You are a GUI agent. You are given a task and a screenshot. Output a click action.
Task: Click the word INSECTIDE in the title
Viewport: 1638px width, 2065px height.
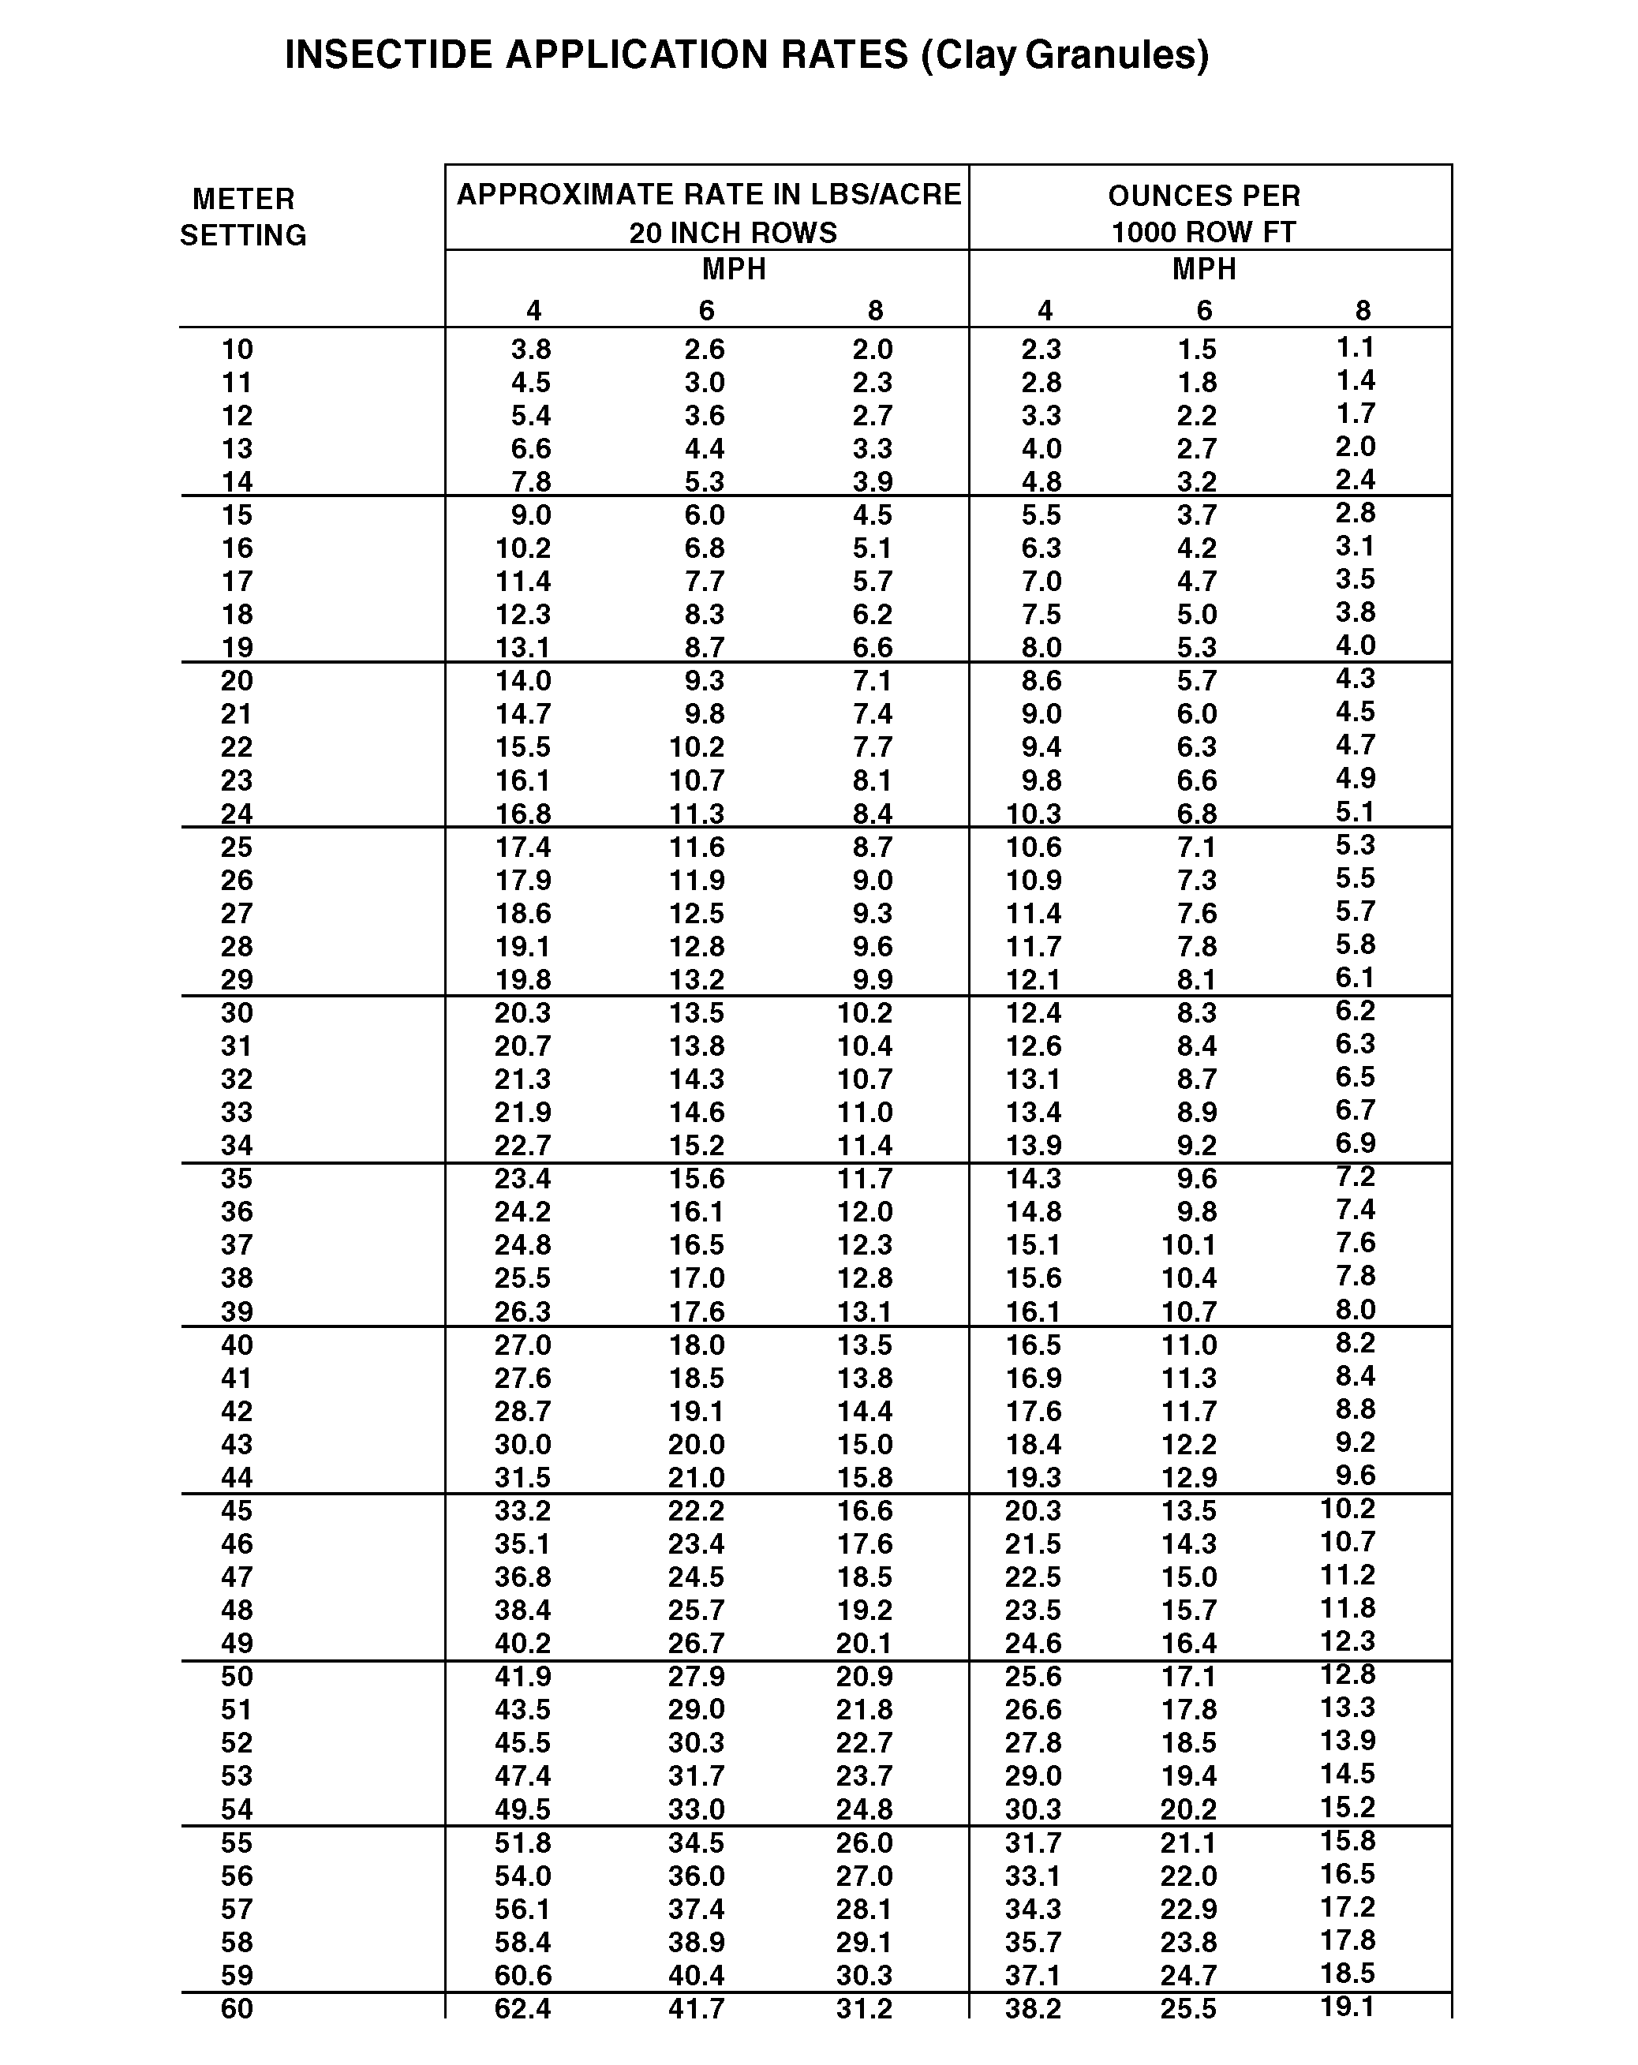(x=389, y=55)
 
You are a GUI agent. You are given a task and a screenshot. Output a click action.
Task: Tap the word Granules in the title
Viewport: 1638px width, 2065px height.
(x=1116, y=55)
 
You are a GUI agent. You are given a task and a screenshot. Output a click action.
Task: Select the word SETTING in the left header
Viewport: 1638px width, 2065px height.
(x=243, y=236)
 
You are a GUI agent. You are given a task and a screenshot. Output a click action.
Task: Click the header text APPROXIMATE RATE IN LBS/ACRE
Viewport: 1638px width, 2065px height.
(x=708, y=194)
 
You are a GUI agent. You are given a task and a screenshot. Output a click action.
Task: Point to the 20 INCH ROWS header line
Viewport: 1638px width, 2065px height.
(x=733, y=233)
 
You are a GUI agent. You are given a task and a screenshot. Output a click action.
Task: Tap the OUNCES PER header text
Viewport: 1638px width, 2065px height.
(x=1204, y=196)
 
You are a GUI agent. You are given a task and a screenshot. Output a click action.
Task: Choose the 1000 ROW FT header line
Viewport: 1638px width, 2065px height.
(x=1203, y=233)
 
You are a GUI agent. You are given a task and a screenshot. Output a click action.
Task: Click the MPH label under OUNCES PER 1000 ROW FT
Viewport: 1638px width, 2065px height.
(x=1204, y=270)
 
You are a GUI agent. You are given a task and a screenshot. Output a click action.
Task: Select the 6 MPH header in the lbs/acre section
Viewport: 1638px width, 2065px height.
(x=706, y=310)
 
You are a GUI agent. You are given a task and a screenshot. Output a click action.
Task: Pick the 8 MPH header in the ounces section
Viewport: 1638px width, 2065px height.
(x=1362, y=310)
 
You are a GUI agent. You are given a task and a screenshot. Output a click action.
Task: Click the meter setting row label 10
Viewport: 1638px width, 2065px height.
(x=237, y=350)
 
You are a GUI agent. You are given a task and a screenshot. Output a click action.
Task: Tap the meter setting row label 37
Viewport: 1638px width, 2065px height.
(x=237, y=1245)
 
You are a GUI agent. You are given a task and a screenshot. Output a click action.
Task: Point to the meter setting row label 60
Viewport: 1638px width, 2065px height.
(x=237, y=2008)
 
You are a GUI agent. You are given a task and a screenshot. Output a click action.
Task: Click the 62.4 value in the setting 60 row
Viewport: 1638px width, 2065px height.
(x=522, y=2008)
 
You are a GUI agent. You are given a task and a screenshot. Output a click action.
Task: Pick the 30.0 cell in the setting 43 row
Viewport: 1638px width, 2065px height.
(x=522, y=1444)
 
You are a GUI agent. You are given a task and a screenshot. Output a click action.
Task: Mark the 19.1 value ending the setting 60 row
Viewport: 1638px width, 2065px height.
(x=1347, y=2007)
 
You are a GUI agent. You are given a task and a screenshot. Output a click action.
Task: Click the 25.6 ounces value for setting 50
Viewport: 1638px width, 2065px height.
(x=1033, y=1676)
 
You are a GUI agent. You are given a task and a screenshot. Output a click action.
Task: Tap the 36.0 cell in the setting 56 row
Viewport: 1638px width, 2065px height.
(x=697, y=1876)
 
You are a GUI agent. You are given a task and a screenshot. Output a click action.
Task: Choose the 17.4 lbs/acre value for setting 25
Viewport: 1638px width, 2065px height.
(x=522, y=847)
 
